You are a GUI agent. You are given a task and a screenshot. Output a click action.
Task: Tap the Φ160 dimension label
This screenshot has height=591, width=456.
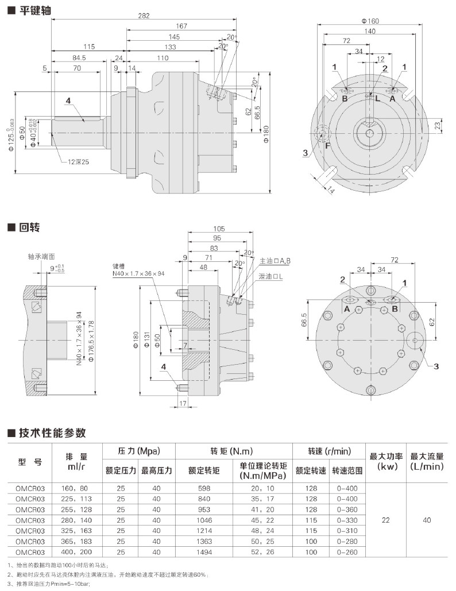click(370, 21)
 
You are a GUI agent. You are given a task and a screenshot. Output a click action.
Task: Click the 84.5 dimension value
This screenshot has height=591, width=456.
click(79, 58)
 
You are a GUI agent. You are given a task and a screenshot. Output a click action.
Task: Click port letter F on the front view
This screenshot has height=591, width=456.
click(328, 145)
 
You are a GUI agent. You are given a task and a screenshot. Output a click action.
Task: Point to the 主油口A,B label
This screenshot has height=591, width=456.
click(275, 261)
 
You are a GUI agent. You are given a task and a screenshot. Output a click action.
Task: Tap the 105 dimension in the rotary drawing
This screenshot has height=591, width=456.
click(219, 229)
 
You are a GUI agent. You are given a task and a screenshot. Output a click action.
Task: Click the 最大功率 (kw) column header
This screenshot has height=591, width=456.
click(385, 461)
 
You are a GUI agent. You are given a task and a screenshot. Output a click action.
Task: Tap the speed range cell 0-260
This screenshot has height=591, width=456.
click(347, 552)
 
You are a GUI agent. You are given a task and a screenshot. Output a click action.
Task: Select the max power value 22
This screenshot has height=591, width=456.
click(385, 520)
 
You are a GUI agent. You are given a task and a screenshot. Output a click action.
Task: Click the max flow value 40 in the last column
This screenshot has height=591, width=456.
click(427, 520)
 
